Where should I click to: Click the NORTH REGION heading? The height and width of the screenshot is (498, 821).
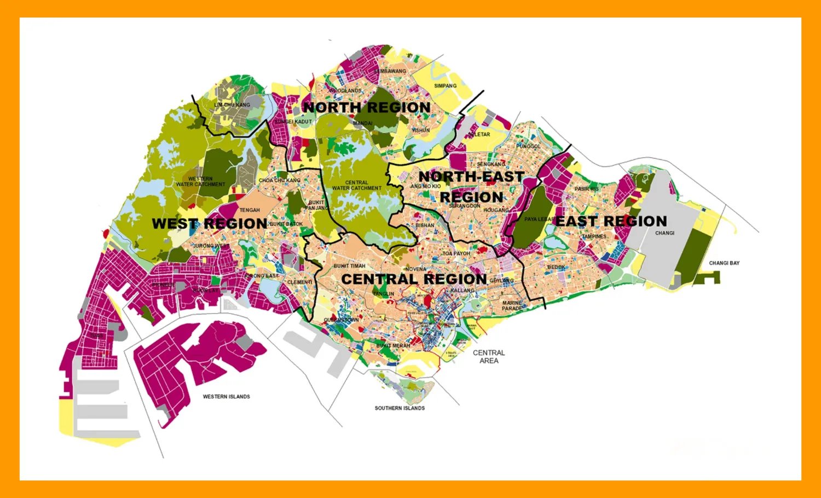click(x=367, y=107)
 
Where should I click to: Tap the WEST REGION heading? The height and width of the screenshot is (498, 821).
click(x=210, y=223)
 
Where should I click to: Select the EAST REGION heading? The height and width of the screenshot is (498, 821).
click(x=611, y=221)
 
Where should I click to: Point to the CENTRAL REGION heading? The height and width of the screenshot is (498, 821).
click(x=414, y=279)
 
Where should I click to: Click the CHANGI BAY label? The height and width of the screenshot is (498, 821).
click(x=724, y=263)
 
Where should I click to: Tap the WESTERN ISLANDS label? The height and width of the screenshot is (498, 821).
click(x=226, y=397)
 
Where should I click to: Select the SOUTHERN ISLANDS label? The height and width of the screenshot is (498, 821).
click(x=400, y=408)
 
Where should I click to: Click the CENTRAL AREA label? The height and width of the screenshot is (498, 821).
click(x=489, y=357)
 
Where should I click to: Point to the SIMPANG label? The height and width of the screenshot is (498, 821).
click(x=445, y=86)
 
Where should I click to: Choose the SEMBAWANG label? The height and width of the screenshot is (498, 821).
click(x=390, y=71)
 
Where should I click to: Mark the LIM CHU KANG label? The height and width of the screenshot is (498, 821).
click(x=232, y=105)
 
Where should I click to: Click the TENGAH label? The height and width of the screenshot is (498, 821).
click(x=250, y=210)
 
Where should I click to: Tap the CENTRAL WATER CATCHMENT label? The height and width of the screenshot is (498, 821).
click(x=357, y=186)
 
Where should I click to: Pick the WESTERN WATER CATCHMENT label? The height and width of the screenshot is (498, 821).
click(x=200, y=182)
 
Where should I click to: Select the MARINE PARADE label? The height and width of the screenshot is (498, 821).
click(x=512, y=306)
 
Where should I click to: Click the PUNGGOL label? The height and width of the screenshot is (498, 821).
click(x=528, y=147)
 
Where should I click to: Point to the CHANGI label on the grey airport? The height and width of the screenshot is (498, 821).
click(x=664, y=233)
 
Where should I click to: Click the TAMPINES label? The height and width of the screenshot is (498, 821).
click(x=594, y=236)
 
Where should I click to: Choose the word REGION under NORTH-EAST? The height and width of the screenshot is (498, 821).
click(x=471, y=197)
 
